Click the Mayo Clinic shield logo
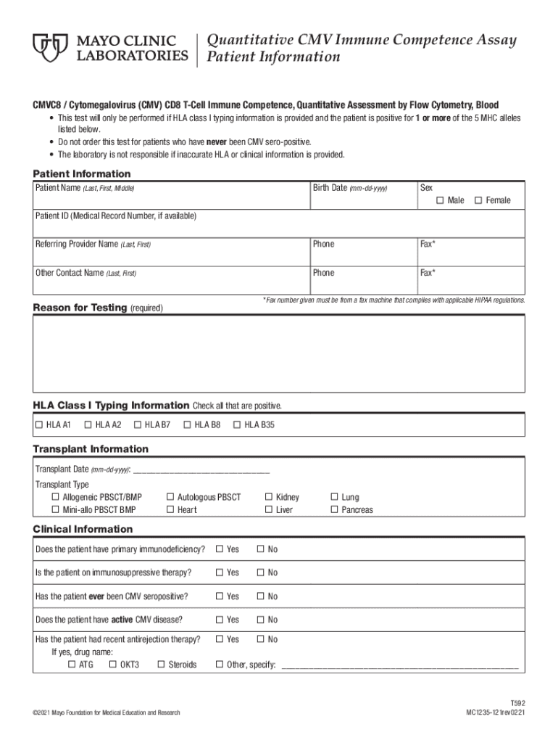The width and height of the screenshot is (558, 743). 51,49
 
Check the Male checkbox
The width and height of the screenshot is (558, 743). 440,200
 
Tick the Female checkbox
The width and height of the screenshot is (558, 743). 478,200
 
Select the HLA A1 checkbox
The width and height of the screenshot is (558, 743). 40,424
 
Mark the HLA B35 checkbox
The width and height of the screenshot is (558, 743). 236,424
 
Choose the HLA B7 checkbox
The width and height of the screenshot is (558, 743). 137,424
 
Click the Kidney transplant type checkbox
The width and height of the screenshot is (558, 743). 269,497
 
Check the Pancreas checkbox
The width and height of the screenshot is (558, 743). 334,509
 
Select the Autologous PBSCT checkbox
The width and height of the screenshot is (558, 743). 170,497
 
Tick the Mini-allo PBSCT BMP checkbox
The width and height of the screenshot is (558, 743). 56,509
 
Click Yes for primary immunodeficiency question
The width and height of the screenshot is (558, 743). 220,549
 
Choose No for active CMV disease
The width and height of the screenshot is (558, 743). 261,620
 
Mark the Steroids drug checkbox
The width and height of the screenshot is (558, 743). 161,664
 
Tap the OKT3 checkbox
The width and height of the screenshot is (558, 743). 112,664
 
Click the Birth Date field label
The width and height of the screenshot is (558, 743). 349,189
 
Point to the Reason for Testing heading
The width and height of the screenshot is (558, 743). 80,308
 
